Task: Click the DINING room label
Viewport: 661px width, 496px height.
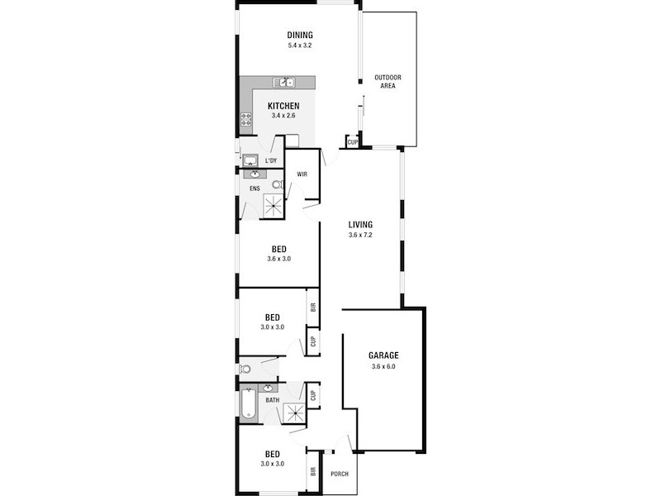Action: pos(300,35)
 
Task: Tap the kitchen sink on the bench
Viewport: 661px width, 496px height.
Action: pos(287,83)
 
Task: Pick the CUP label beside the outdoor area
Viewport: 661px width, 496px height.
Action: pos(353,142)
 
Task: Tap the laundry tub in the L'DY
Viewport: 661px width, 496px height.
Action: pos(250,160)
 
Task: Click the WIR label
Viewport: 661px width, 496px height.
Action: pos(302,174)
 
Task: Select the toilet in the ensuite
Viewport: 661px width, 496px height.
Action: pos(278,186)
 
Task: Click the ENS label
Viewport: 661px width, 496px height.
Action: pos(254,189)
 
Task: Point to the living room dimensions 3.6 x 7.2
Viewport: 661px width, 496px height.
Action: pos(361,235)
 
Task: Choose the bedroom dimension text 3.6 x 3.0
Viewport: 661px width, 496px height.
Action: pos(279,259)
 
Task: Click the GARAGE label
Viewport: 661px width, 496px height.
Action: pos(384,355)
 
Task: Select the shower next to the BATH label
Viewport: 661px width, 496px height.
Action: pos(294,413)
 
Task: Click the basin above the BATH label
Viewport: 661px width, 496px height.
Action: pos(269,389)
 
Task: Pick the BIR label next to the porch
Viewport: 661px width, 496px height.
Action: pos(313,473)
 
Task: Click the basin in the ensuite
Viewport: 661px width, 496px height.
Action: pos(253,174)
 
